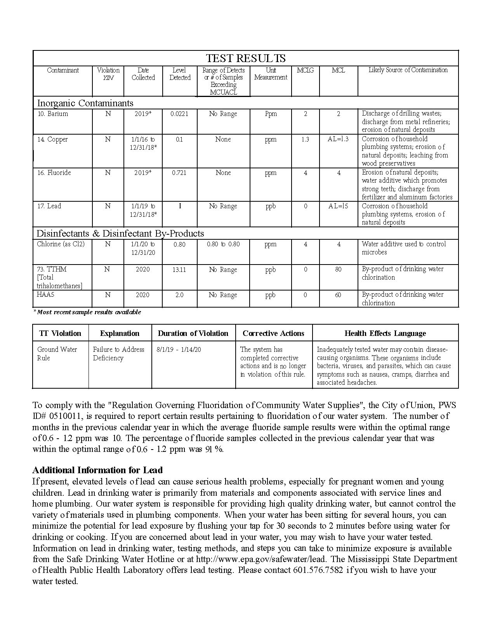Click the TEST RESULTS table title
point(245,58)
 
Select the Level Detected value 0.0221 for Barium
point(179,114)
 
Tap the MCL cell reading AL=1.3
point(338,139)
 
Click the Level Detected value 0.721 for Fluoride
point(179,173)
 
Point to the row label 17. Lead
point(49,206)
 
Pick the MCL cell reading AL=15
point(338,206)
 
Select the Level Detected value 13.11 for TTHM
point(179,270)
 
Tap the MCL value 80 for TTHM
point(338,269)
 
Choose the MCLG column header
point(305,70)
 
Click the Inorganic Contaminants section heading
point(85,103)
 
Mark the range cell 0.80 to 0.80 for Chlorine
point(223,244)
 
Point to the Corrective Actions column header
point(273,333)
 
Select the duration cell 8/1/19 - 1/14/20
point(179,349)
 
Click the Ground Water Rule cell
point(57,353)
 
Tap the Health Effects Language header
point(385,333)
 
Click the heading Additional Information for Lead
point(97,470)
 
